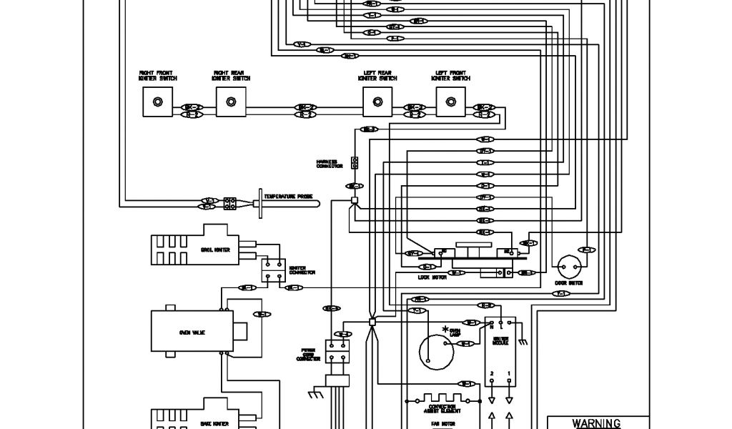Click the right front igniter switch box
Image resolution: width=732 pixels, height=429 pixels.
[155, 102]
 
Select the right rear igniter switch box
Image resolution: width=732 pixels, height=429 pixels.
[231, 102]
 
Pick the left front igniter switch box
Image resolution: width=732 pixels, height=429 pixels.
[450, 102]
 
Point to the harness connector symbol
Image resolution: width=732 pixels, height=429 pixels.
[353, 162]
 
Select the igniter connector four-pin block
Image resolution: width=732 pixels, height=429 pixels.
[272, 270]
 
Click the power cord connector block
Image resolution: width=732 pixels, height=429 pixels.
[337, 350]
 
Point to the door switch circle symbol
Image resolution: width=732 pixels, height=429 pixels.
[570, 267]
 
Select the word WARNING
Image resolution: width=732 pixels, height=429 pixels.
[598, 423]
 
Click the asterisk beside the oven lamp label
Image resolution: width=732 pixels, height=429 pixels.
[447, 329]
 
